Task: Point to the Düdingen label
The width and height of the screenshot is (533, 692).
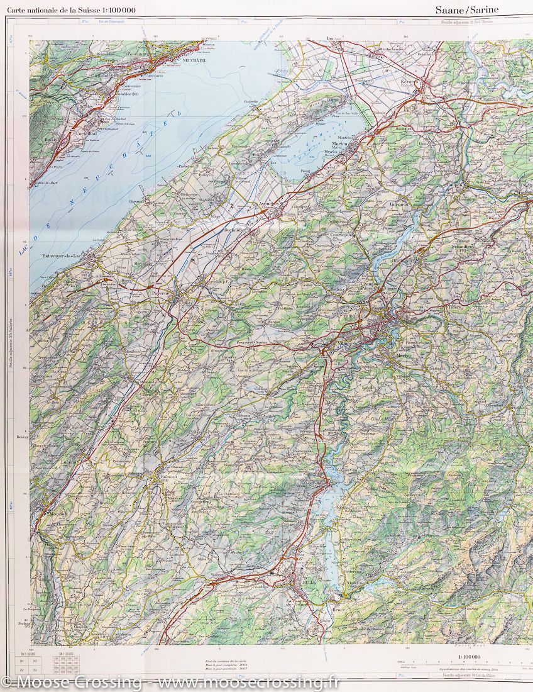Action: pyautogui.click(x=405, y=260)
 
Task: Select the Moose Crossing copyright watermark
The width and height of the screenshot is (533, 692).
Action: pyautogui.click(x=170, y=683)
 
